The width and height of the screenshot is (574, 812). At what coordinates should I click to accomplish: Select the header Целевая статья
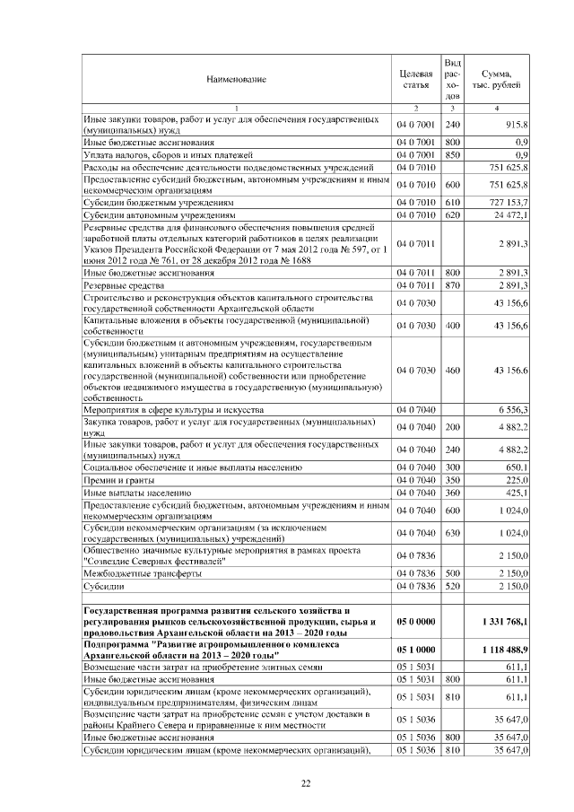click(415, 79)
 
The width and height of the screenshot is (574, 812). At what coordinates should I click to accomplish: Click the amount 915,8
click(516, 124)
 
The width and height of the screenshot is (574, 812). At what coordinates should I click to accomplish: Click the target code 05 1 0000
click(415, 650)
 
